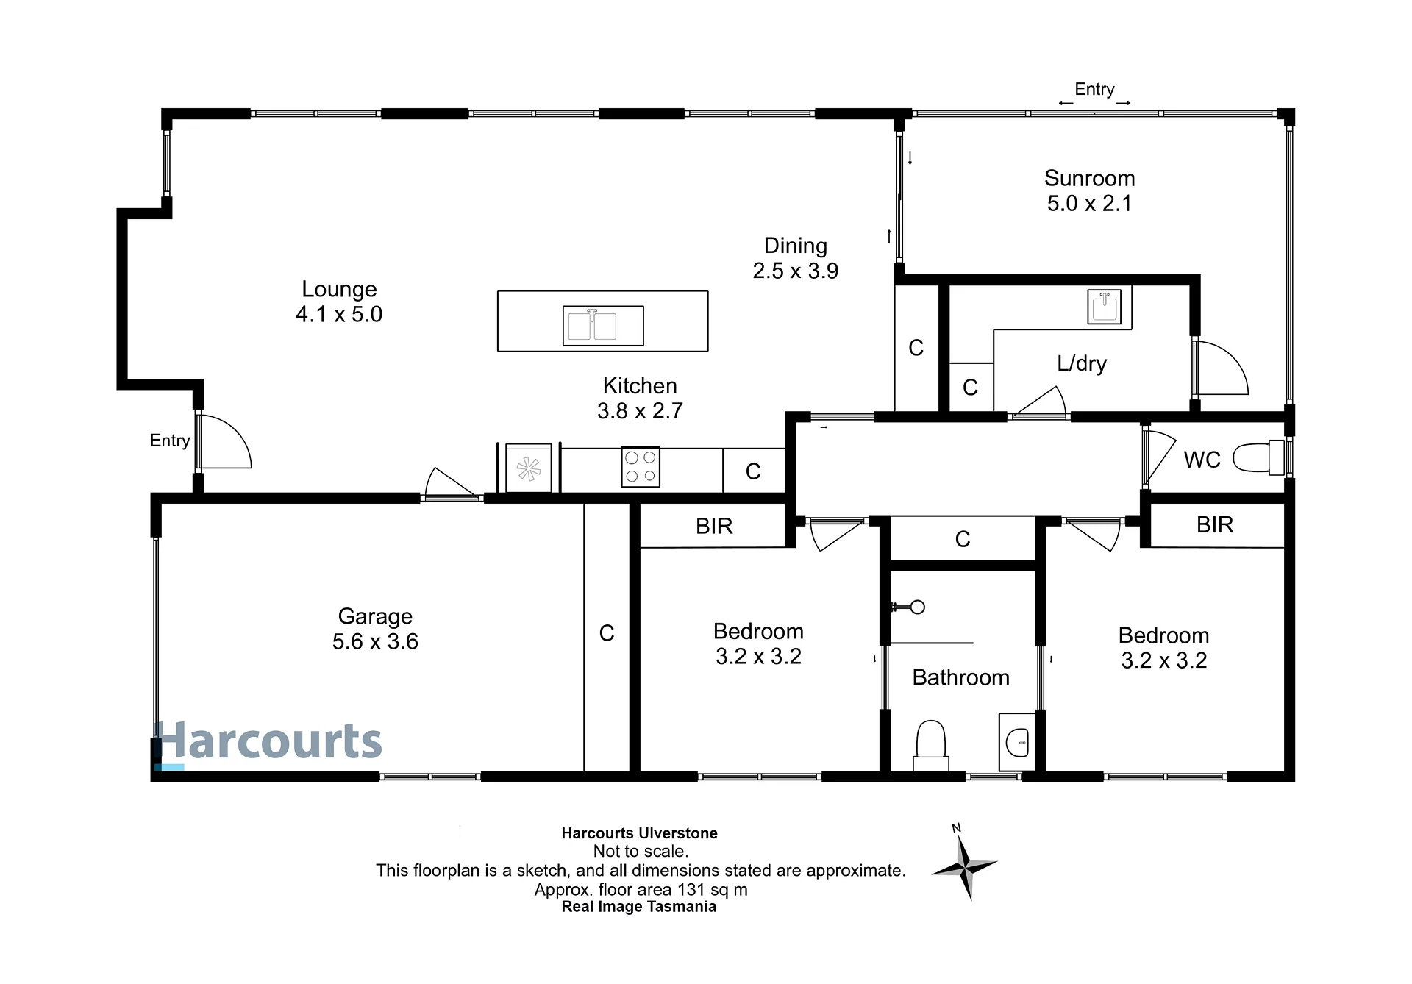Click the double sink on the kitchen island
(x=603, y=325)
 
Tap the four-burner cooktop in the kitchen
(x=640, y=467)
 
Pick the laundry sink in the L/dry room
(x=1104, y=306)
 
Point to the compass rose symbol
(x=964, y=863)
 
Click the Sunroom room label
(x=1089, y=178)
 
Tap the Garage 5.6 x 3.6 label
(x=375, y=629)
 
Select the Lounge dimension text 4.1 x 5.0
(x=339, y=314)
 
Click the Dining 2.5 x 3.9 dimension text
(x=795, y=271)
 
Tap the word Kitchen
(x=640, y=385)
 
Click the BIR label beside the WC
(x=1215, y=524)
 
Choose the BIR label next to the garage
(x=714, y=526)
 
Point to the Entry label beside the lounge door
(x=170, y=441)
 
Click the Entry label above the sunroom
(x=1094, y=89)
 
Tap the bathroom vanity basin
(x=1017, y=742)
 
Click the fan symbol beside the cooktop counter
(x=529, y=468)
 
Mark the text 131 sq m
(x=712, y=890)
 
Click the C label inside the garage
(x=607, y=633)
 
